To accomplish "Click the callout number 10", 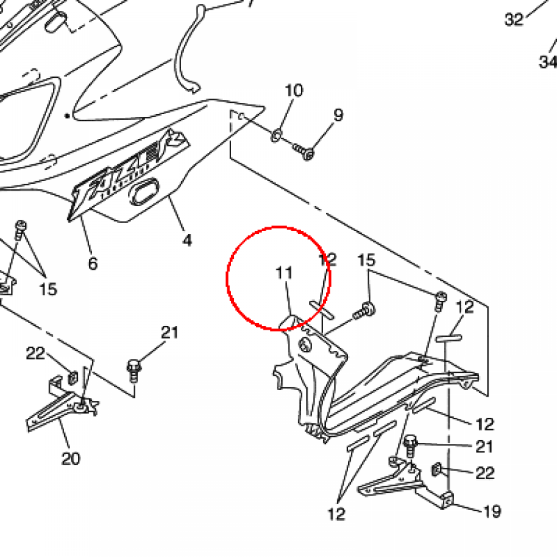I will [x=294, y=90].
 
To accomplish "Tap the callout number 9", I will [x=338, y=115].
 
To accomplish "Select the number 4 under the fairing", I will [x=187, y=239].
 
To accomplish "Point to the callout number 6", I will [x=93, y=264].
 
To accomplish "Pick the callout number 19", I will [x=492, y=511].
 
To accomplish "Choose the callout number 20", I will [x=71, y=459].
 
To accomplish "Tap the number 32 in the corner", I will [x=514, y=20].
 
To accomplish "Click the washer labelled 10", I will [x=276, y=133].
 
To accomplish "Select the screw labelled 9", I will [x=305, y=151].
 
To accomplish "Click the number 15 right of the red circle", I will [x=367, y=260].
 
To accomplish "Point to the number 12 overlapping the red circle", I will [x=328, y=259].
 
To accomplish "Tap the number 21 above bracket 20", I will [x=169, y=332].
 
